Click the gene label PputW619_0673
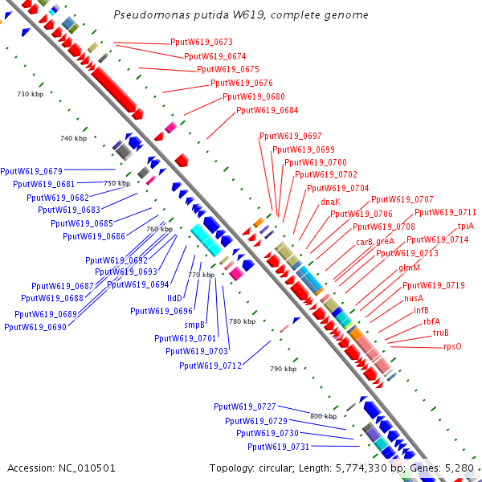coord(202,42)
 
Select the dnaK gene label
coord(330,202)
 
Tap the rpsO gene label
coord(452,347)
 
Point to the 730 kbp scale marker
coord(29,95)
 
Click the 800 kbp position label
coord(323,415)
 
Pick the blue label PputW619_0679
coord(31,170)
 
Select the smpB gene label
coord(195,325)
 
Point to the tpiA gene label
coord(466,227)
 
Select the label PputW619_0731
coord(278,447)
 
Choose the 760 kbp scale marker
coord(159,229)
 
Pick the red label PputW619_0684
coord(267,110)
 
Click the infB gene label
coord(421,309)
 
